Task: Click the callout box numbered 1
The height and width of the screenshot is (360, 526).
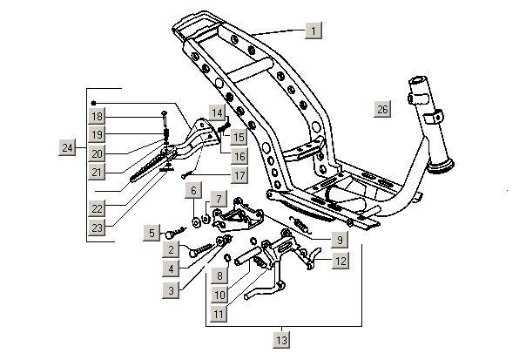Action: (x=314, y=31)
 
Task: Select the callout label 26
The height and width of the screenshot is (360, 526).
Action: (x=383, y=109)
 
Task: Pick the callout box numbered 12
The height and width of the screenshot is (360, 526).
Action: (x=341, y=261)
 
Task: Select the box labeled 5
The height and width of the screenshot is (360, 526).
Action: (x=153, y=233)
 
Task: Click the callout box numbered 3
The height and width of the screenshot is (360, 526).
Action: (x=173, y=288)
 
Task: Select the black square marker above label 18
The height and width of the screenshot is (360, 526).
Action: (x=92, y=102)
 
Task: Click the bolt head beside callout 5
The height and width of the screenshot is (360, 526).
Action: (x=172, y=231)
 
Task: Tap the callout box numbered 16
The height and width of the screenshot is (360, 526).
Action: (x=238, y=155)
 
